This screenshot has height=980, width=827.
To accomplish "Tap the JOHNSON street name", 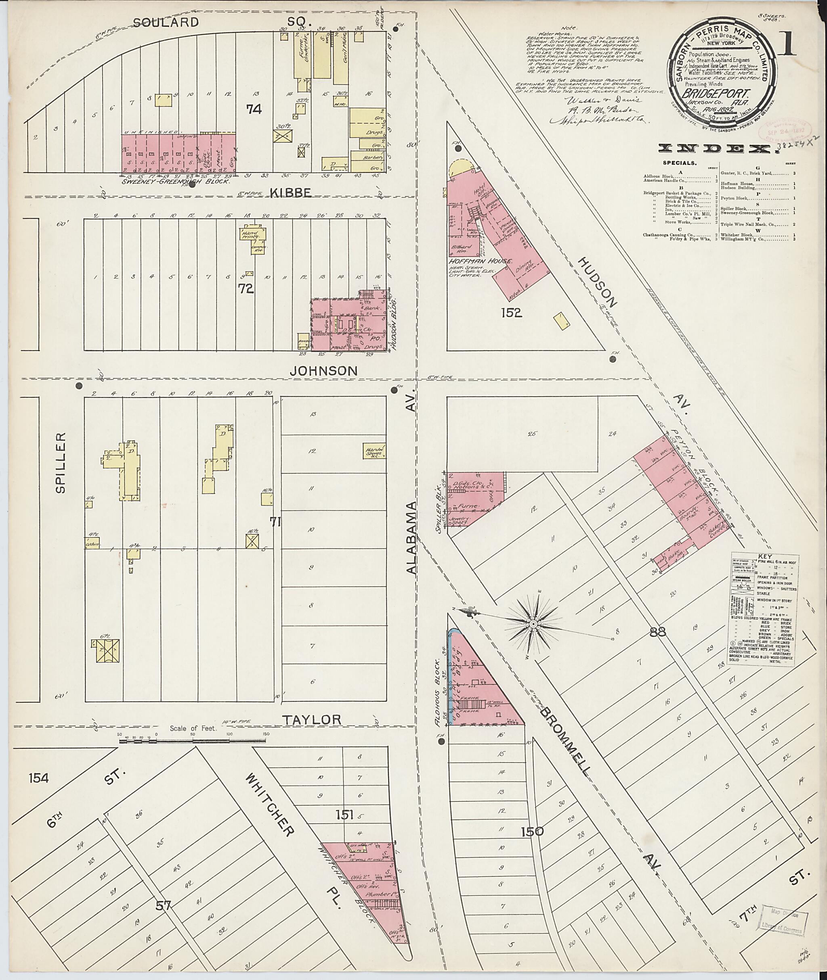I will (323, 370).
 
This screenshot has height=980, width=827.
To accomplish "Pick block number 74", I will (254, 109).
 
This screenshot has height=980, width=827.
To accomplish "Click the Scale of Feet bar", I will (193, 742).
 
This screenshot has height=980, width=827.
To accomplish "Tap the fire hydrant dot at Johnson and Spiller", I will (79, 386).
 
